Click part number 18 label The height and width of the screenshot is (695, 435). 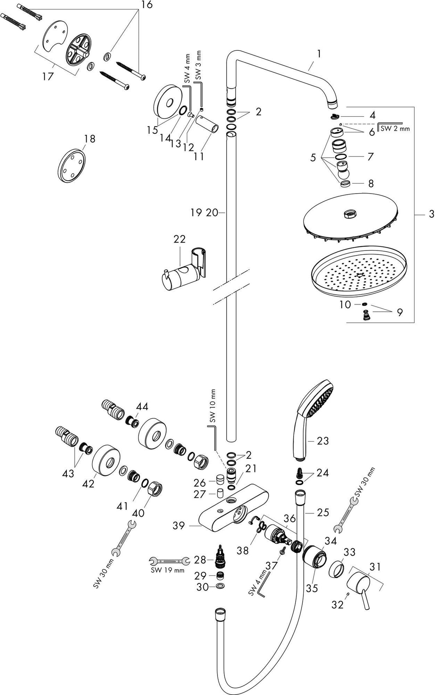click(x=90, y=138)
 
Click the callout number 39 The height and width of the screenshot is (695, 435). click(x=179, y=525)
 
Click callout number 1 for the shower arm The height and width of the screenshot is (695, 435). click(x=319, y=54)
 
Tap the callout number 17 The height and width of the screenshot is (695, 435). click(x=47, y=76)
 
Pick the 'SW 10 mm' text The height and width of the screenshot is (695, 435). click(x=213, y=406)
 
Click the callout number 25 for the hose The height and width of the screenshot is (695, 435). click(x=323, y=512)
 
